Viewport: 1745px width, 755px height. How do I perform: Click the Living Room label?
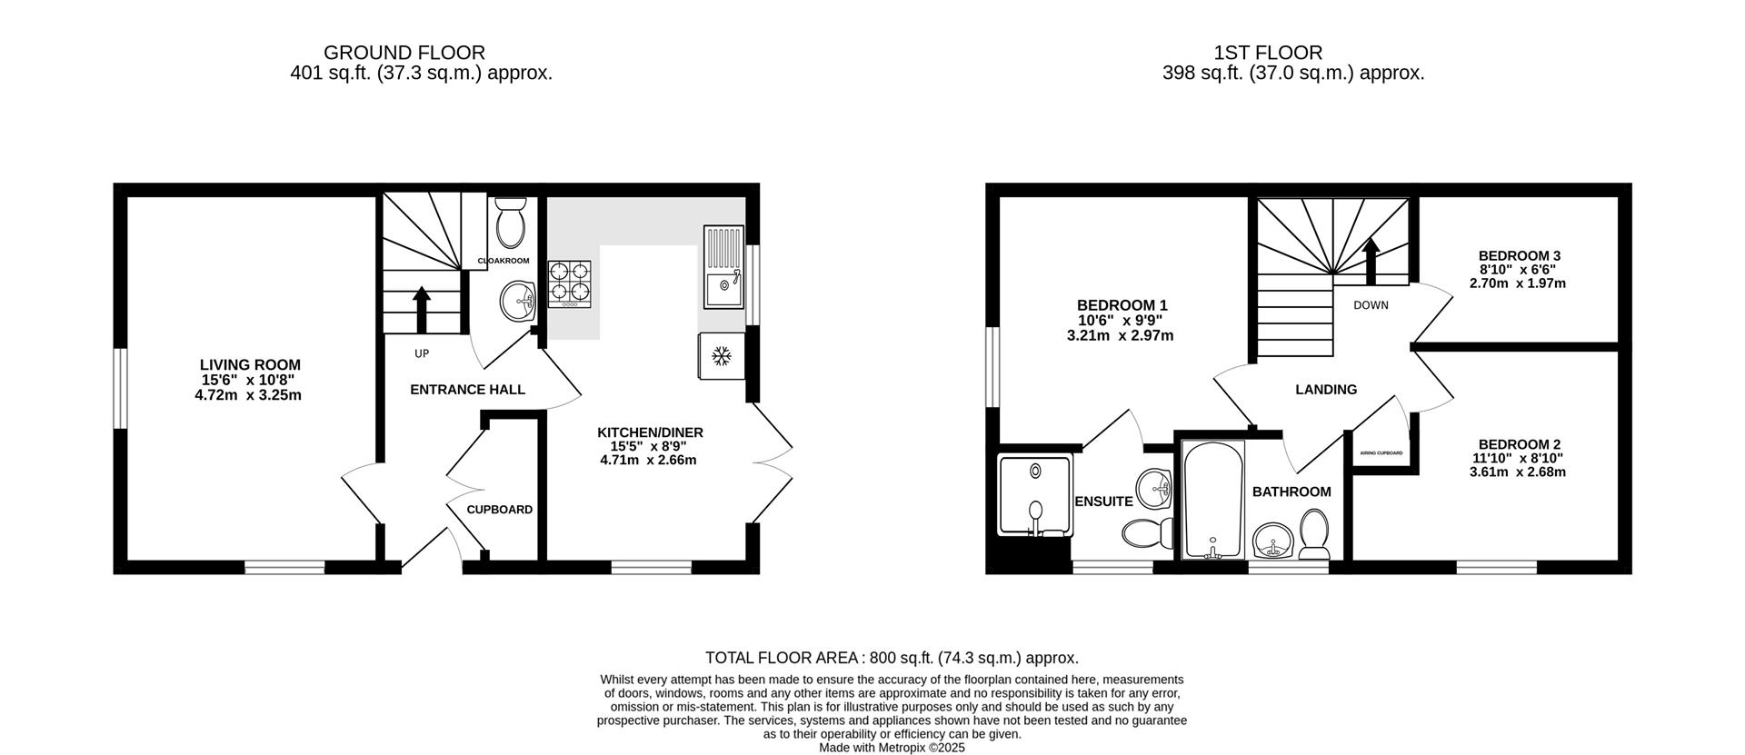coord(250,365)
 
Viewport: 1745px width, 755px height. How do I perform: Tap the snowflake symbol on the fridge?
coord(722,356)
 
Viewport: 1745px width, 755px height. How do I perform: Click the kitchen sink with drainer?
coord(723,266)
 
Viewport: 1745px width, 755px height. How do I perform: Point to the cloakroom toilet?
coord(511,222)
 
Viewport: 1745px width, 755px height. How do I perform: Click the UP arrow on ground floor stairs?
coord(422,311)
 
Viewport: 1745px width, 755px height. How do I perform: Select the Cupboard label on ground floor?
coord(500,510)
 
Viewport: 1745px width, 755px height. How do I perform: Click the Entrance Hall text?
coord(467,390)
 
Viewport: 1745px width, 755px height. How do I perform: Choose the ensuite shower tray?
coord(1035,496)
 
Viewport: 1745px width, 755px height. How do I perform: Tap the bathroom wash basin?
coord(1273,542)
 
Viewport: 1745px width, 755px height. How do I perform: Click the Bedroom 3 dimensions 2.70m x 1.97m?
coord(1518,283)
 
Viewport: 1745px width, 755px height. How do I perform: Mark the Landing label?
coord(1326,390)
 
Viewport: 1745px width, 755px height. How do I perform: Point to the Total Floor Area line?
coord(892,658)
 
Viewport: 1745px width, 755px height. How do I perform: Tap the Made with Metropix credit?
coord(892,748)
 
